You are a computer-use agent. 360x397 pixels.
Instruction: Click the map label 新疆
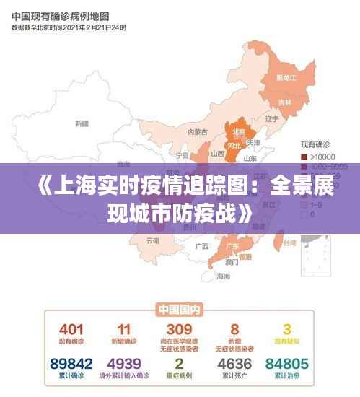[82, 123]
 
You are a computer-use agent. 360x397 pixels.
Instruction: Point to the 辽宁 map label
[271, 118]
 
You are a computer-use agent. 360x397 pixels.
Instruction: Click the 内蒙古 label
[197, 131]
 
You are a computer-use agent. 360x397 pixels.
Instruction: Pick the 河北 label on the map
[234, 145]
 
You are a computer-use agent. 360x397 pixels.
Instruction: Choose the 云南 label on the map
[153, 240]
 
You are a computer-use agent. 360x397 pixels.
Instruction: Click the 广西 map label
[201, 245]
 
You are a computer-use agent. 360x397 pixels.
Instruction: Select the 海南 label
[224, 276]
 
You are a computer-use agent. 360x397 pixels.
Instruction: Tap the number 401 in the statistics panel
[71, 329]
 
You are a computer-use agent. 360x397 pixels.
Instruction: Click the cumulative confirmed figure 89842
[71, 363]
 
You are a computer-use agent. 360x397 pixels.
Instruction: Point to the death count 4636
[234, 363]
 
